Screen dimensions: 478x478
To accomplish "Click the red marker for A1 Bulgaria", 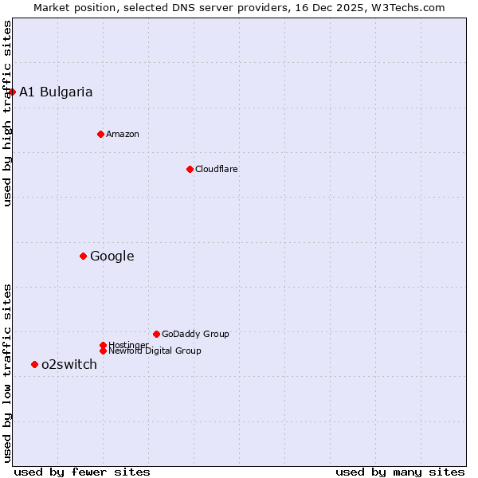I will pyautogui.click(x=12, y=92).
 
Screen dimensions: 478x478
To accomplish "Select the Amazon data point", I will pyautogui.click(x=100, y=134).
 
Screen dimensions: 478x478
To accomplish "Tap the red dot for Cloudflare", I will pyautogui.click(x=190, y=169).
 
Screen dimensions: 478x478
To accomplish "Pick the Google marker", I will pyautogui.click(x=83, y=256).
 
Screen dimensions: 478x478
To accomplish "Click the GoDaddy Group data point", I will pyautogui.click(x=156, y=334).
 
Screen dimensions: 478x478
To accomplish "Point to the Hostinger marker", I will pyautogui.click(x=103, y=345).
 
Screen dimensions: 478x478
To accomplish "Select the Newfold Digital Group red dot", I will pyautogui.click(x=103, y=351).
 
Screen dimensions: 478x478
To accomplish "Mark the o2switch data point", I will pyautogui.click(x=34, y=364).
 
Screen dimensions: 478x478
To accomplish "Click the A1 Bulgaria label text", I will pyautogui.click(x=56, y=92).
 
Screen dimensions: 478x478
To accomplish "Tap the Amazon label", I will pyautogui.click(x=123, y=134).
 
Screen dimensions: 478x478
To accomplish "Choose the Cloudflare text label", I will pyautogui.click(x=217, y=169).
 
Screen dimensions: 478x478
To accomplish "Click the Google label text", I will pyautogui.click(x=112, y=256).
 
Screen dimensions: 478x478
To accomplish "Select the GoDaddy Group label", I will pyautogui.click(x=195, y=334).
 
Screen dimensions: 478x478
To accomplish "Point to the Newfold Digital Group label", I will pyautogui.click(x=155, y=351).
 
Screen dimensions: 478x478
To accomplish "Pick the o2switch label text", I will pyautogui.click(x=69, y=364).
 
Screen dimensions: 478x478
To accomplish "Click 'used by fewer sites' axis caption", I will pyautogui.click(x=82, y=472).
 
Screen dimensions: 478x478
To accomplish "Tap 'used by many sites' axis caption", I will pyautogui.click(x=400, y=472).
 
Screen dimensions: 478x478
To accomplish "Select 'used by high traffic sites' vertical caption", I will pyautogui.click(x=7, y=113).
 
